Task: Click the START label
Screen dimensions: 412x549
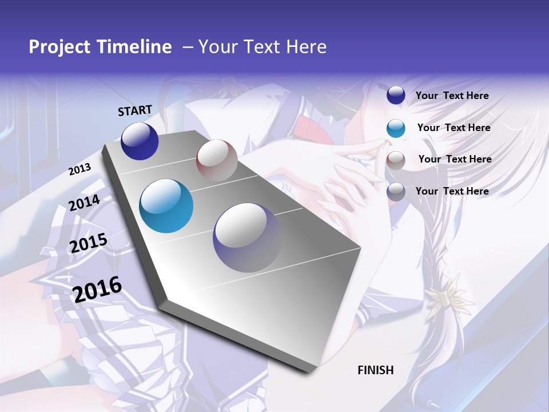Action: coord(135,110)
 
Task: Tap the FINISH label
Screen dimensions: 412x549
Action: coord(376,370)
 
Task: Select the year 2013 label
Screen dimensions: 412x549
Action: coord(79,169)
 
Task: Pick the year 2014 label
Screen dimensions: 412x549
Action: coord(84,203)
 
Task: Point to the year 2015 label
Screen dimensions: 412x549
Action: coord(88,243)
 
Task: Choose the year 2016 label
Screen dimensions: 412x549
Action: coord(97,289)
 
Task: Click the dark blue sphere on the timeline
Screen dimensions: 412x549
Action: coord(140,141)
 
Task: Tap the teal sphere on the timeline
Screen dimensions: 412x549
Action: coord(166,206)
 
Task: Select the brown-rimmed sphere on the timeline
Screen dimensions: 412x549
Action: coord(217,160)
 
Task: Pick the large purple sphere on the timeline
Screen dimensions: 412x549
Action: coord(247,237)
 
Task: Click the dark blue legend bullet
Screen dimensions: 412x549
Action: coord(396,96)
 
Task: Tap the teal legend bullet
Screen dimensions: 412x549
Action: coord(396,128)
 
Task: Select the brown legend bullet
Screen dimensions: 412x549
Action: coord(396,160)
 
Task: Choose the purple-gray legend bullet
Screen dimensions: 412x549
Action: coord(396,192)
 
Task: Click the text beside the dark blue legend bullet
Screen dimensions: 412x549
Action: coord(452,96)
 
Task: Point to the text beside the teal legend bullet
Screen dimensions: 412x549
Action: coord(453,128)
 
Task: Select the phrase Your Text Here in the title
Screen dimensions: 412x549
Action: coord(262,47)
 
